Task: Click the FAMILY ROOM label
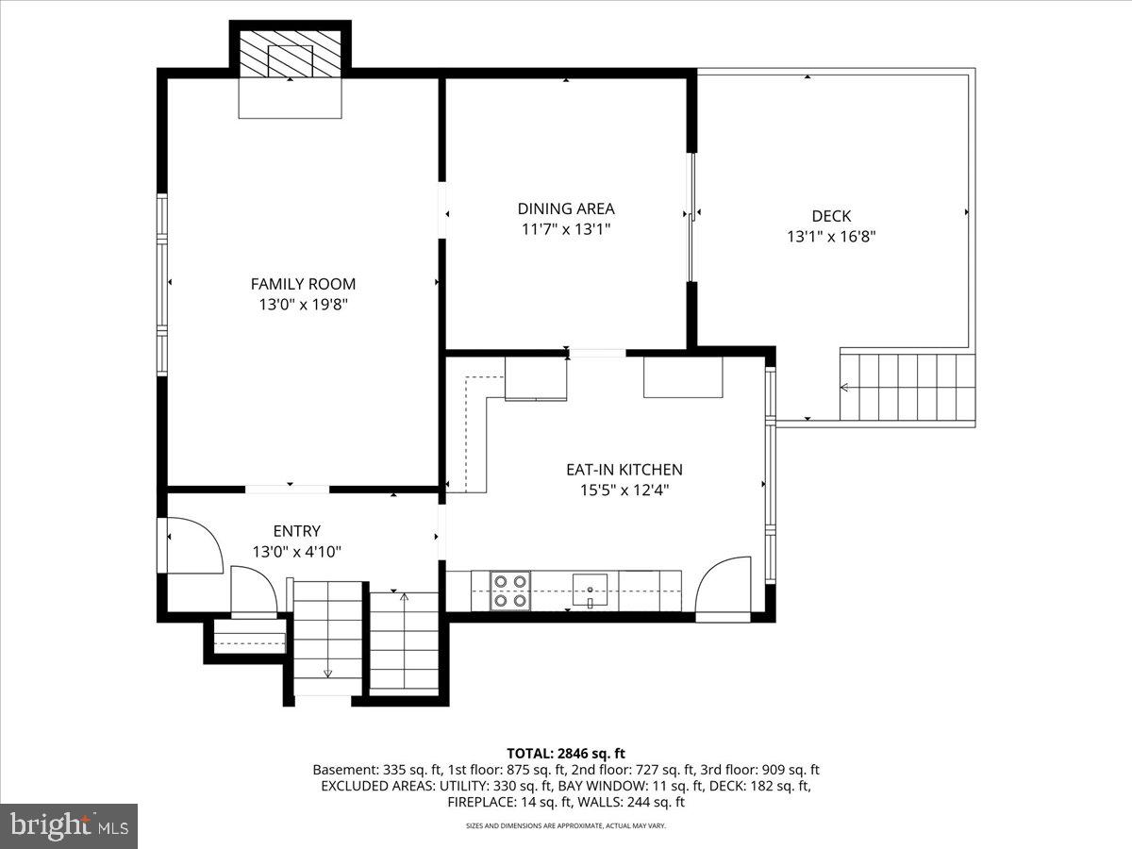click(x=303, y=283)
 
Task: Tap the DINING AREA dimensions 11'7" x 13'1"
click(x=565, y=229)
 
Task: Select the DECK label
click(x=830, y=216)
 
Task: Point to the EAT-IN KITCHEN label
click(x=624, y=469)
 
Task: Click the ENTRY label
click(x=296, y=531)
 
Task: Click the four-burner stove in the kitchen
click(x=509, y=590)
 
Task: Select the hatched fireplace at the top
click(x=290, y=56)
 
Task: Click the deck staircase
click(x=907, y=386)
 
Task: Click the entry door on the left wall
click(x=193, y=545)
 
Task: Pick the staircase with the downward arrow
click(x=327, y=637)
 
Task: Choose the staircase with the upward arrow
click(x=404, y=641)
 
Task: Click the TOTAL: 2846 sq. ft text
click(x=566, y=753)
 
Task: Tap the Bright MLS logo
click(x=69, y=826)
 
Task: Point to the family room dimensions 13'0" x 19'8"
click(x=303, y=305)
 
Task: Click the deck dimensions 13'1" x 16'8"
click(x=830, y=238)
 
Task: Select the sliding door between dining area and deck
click(x=692, y=216)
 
